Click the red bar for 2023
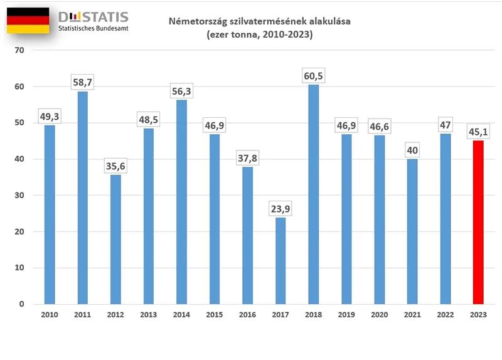coord(478,223)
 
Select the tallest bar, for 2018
coord(313,194)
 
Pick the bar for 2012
coord(115,240)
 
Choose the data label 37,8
coord(247,157)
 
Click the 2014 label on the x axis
coord(181,315)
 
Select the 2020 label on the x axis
coord(379,315)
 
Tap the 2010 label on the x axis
coord(50,315)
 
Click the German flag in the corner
coord(28,21)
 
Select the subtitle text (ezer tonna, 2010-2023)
coord(259,35)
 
